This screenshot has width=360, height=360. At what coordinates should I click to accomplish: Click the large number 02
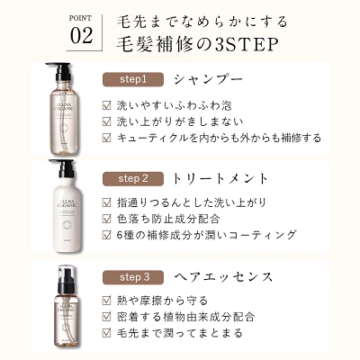[x=81, y=36]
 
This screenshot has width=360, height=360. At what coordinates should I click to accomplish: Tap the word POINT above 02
[x=80, y=18]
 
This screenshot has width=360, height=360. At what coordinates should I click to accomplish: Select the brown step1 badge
[x=133, y=79]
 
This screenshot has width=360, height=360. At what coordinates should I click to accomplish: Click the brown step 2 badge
[x=133, y=179]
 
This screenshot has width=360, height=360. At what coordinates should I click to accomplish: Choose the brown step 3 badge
[x=133, y=277]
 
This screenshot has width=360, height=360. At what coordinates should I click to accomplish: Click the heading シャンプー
[x=208, y=79]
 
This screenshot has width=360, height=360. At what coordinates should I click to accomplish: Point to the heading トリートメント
[x=220, y=179]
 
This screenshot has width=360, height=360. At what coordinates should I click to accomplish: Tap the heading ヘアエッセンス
[x=223, y=277]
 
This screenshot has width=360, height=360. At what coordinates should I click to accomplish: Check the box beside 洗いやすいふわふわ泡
[x=106, y=105]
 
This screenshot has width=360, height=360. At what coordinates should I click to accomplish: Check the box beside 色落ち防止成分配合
[x=106, y=219]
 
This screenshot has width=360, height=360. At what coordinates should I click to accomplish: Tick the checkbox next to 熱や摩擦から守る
[x=106, y=301]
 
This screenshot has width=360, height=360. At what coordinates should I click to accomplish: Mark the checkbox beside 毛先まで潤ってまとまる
[x=106, y=333]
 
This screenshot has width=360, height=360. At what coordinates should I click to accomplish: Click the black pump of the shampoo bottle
[x=61, y=71]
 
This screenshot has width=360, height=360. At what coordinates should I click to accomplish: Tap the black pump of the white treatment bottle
[x=64, y=168]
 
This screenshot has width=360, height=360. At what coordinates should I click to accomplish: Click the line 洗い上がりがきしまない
[x=180, y=121]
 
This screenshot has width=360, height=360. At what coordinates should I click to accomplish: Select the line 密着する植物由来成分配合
[x=185, y=317]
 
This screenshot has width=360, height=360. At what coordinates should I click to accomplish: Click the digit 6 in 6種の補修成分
[x=120, y=235]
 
